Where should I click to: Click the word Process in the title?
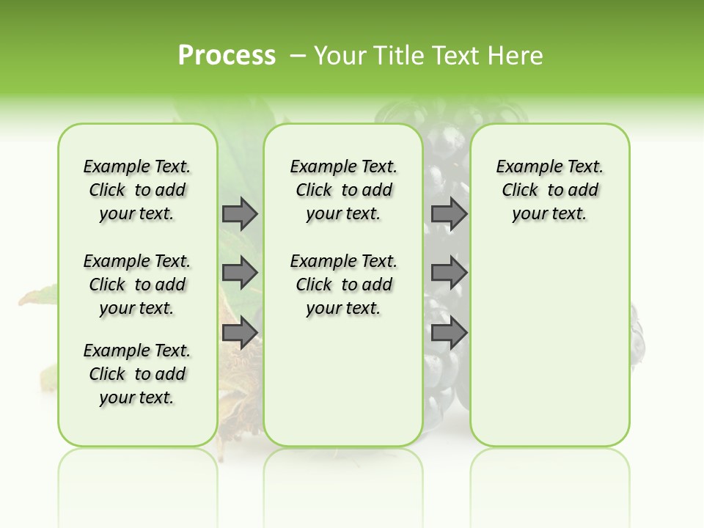pos(227,55)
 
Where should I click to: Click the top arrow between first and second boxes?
pos(240,213)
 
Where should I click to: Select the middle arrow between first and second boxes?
pos(240,273)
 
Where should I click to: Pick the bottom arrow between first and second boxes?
pos(240,333)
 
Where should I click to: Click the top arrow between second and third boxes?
pos(449,213)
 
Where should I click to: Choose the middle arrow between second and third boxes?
pos(449,273)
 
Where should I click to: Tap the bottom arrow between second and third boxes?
pos(449,333)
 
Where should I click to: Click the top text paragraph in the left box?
pos(137,190)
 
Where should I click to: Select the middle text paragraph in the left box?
pos(137,285)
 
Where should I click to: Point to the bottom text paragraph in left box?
pos(137,374)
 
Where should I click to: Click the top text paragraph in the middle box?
pos(344,190)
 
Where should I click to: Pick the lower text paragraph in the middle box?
pos(344,285)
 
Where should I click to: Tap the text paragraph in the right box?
pos(550,190)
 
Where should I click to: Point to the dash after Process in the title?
pos(297,55)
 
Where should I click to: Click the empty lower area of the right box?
pos(550,345)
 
